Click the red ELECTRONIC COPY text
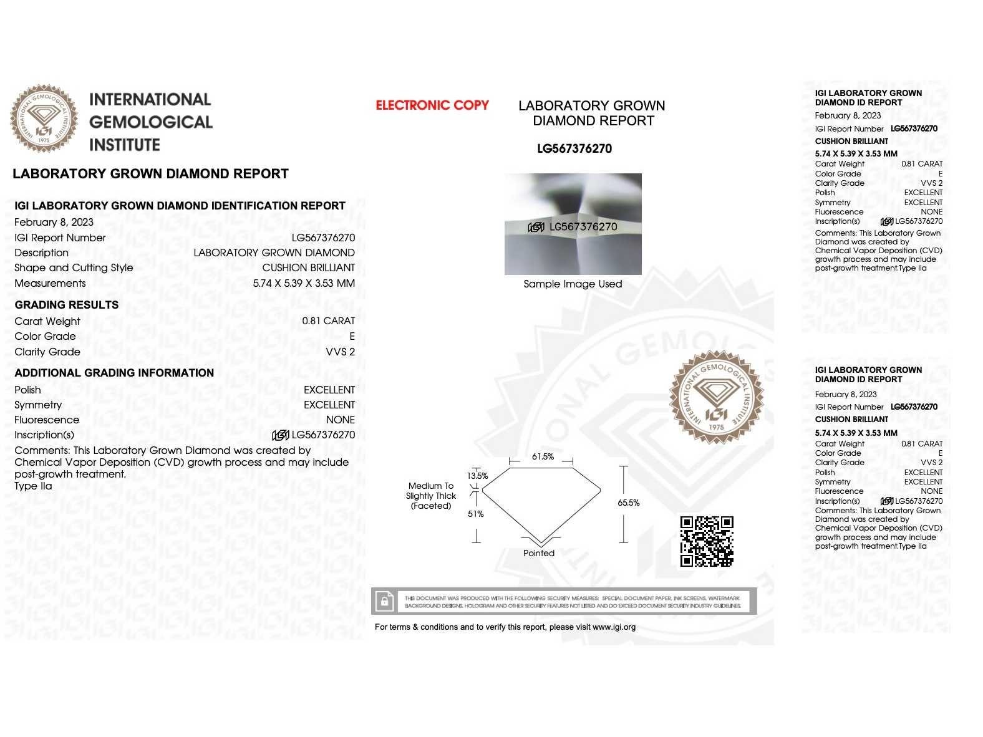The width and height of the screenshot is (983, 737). pos(432,105)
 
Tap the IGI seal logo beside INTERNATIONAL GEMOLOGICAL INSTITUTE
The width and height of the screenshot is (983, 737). pos(44,118)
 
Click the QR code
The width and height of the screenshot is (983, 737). pos(706,541)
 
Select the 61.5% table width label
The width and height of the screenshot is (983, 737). pos(543,456)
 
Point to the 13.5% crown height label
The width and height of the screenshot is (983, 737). pos(478,476)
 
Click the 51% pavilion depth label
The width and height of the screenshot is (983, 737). pos(475,514)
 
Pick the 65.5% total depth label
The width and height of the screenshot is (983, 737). pos(628,503)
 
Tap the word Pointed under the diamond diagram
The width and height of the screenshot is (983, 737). pos(539,553)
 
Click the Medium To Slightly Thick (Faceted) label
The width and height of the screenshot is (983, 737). pos(431,496)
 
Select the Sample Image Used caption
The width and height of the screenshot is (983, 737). pos(573,284)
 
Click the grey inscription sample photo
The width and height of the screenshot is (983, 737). pos(573,224)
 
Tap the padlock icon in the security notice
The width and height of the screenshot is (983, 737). pos(385,602)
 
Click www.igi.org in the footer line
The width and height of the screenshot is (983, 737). pos(614,627)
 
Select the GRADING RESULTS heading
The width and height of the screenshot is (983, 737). pos(67,305)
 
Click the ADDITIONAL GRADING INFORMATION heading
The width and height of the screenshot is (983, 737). pos(114,373)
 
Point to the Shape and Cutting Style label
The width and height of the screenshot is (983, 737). pos(74,267)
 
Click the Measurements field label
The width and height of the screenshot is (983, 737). pos(50,283)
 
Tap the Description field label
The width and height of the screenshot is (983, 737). pos(41,253)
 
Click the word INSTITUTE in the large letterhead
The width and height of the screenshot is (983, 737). pos(125,145)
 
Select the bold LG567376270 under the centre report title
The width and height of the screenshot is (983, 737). pos(574,148)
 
